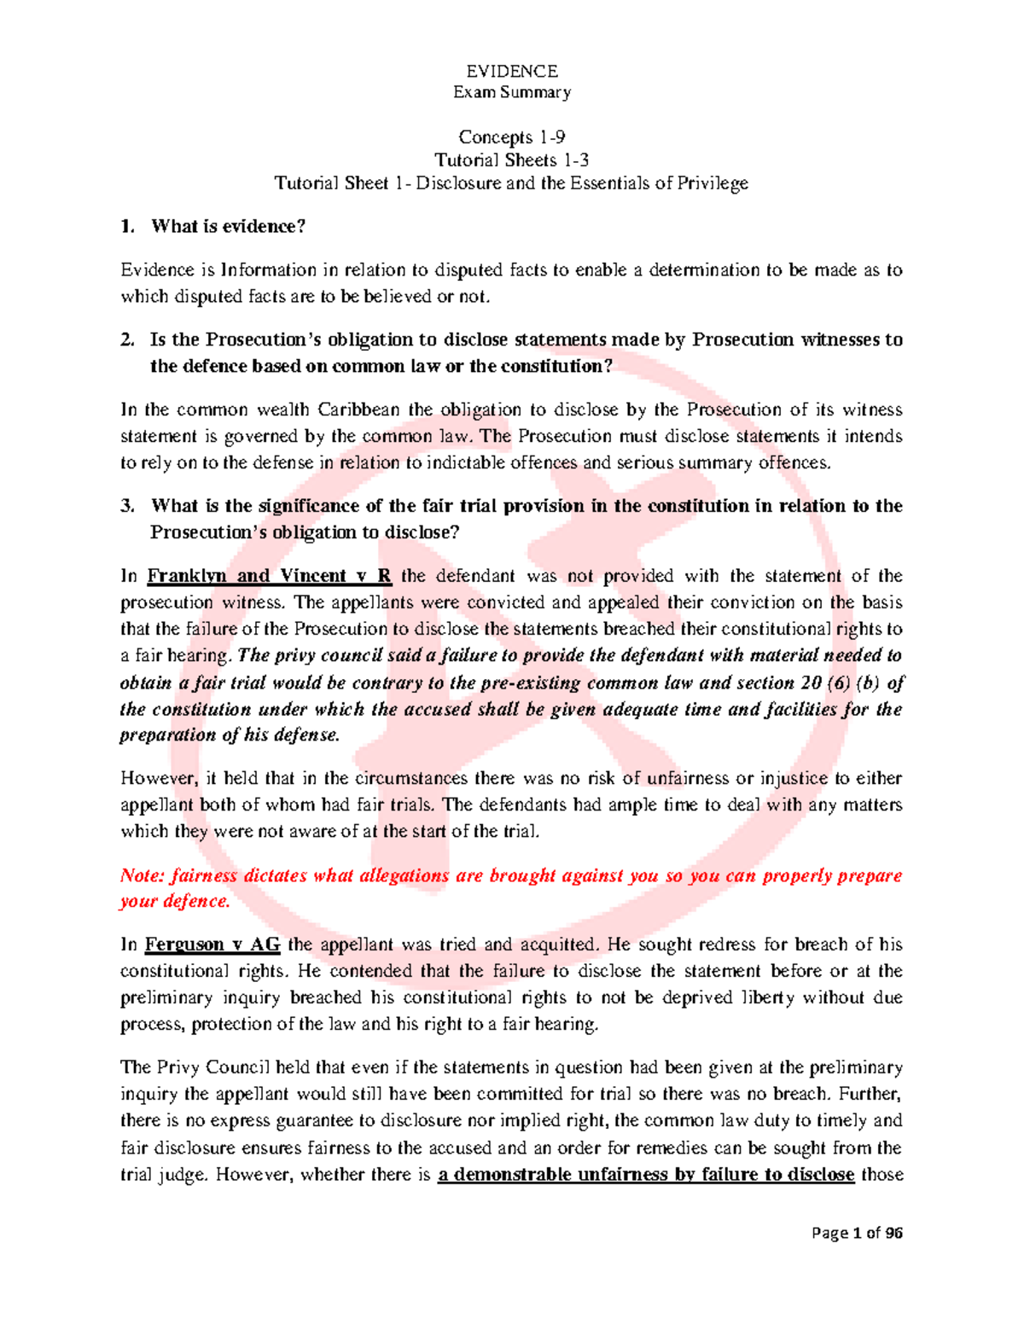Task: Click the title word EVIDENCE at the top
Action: click(x=511, y=71)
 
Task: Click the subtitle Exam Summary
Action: click(x=511, y=92)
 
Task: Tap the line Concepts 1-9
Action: click(x=511, y=137)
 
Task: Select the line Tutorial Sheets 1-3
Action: click(x=511, y=160)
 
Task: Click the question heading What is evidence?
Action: click(x=228, y=226)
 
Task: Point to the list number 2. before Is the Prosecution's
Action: click(x=127, y=340)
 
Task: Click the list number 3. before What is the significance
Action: click(x=127, y=506)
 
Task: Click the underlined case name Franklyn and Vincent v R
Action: click(x=269, y=576)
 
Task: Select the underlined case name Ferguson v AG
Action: click(x=212, y=944)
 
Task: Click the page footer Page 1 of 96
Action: click(x=857, y=1233)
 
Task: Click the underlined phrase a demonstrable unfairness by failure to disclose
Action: click(x=645, y=1175)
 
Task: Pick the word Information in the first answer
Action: click(x=269, y=270)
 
